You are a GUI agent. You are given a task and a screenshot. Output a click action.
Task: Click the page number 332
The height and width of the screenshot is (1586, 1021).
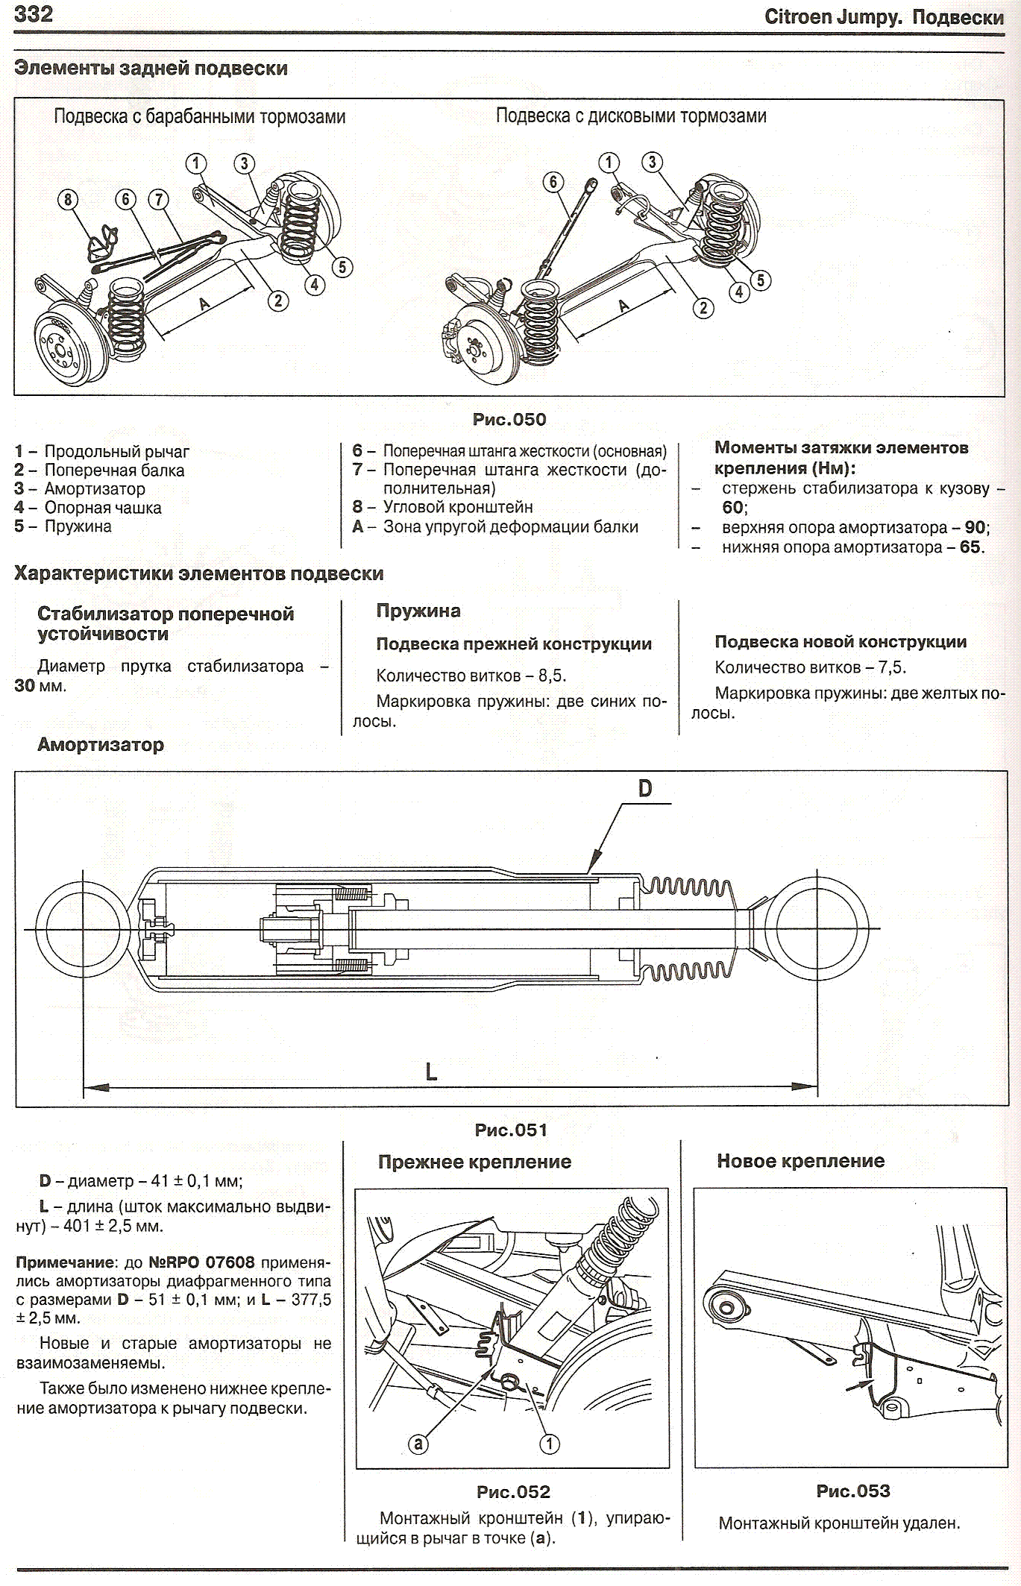coord(34,14)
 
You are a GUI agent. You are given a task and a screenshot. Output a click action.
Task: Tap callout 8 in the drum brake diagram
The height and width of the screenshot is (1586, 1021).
coord(69,199)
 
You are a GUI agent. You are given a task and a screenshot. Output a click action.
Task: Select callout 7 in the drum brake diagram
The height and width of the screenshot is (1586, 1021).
coord(158,199)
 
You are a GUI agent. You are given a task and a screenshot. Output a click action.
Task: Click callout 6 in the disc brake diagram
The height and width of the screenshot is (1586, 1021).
coord(553,182)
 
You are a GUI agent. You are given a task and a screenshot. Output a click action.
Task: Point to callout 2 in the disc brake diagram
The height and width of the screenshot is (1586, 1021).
coord(703,307)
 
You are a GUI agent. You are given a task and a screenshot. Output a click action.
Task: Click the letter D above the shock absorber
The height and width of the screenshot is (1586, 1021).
coord(645,788)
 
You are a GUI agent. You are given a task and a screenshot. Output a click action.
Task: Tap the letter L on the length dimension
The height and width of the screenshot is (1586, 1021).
coord(431,1072)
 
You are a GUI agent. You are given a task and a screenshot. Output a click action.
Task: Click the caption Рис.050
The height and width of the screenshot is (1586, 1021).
coord(509,420)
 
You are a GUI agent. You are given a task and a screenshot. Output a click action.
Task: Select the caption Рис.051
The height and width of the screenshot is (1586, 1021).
coord(511,1130)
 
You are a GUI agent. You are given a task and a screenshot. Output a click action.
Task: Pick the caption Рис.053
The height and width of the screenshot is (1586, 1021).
coord(853,1491)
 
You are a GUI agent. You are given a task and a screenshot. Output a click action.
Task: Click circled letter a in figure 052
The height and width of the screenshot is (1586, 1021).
coord(418,1444)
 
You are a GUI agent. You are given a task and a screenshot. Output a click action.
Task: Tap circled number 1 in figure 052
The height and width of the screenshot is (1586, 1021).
coord(550,1444)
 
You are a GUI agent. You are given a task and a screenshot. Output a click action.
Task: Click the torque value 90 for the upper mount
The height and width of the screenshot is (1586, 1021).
coord(975,527)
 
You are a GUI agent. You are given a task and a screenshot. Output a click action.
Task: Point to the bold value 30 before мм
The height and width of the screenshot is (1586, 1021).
coord(25,685)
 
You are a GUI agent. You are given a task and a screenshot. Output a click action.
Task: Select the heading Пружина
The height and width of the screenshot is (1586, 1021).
coord(418,611)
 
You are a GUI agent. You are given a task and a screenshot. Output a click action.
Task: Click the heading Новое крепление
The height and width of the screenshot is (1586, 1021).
coord(800,1161)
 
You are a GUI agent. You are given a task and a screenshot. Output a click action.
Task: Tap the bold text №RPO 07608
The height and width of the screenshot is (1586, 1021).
coord(201,1263)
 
